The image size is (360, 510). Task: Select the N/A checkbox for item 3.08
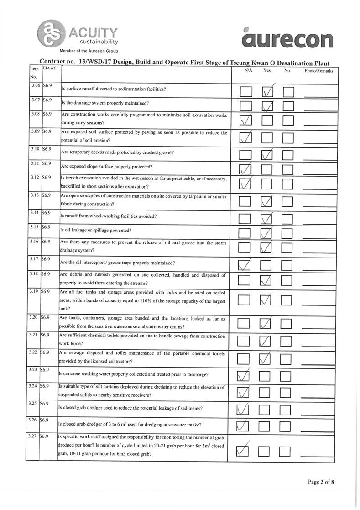245,121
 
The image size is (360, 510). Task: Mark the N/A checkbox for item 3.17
245,265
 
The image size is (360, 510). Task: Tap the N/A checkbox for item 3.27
245,451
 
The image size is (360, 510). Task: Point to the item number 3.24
33,386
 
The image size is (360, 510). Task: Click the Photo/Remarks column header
318,71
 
